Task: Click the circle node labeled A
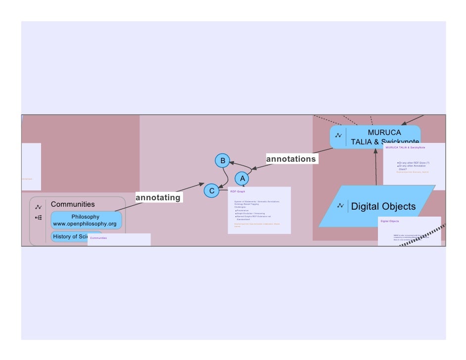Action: click(x=242, y=178)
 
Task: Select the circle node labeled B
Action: click(x=223, y=161)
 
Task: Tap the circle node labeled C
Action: click(x=212, y=191)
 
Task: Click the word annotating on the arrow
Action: click(x=158, y=198)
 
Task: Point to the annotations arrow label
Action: click(x=291, y=159)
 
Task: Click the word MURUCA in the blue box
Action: click(x=384, y=133)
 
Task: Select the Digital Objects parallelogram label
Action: click(x=383, y=206)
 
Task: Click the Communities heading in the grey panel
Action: click(x=73, y=204)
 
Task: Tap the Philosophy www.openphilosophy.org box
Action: click(x=86, y=220)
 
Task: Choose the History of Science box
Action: click(x=69, y=236)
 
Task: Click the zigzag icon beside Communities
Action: click(x=39, y=207)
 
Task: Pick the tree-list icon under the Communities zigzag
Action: click(x=39, y=218)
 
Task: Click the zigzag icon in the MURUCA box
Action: click(x=338, y=136)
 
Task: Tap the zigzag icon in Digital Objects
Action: click(x=340, y=206)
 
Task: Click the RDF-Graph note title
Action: click(x=237, y=191)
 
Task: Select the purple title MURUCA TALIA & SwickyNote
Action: click(x=405, y=147)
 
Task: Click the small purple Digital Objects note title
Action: click(x=390, y=221)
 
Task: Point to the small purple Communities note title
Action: click(x=98, y=238)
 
